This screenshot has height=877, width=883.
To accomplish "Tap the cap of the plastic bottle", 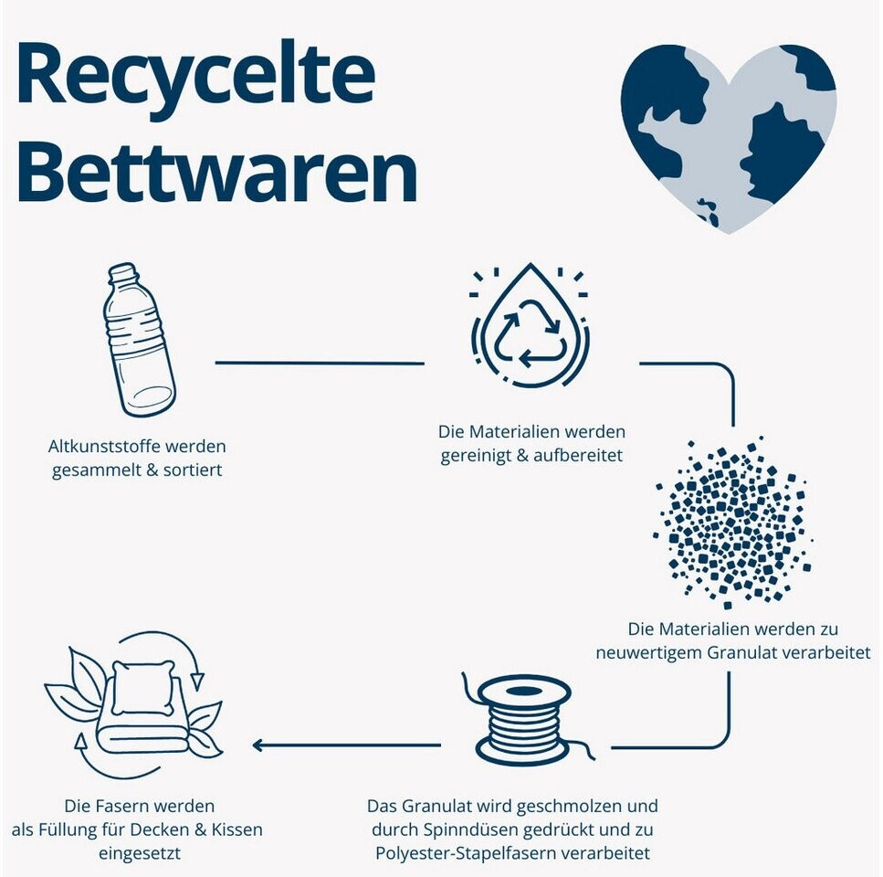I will (x=122, y=271).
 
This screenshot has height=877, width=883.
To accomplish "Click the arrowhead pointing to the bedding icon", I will (x=258, y=745).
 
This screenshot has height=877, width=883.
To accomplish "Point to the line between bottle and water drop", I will (x=320, y=363).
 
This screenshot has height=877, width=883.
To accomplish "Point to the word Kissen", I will (x=235, y=829).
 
